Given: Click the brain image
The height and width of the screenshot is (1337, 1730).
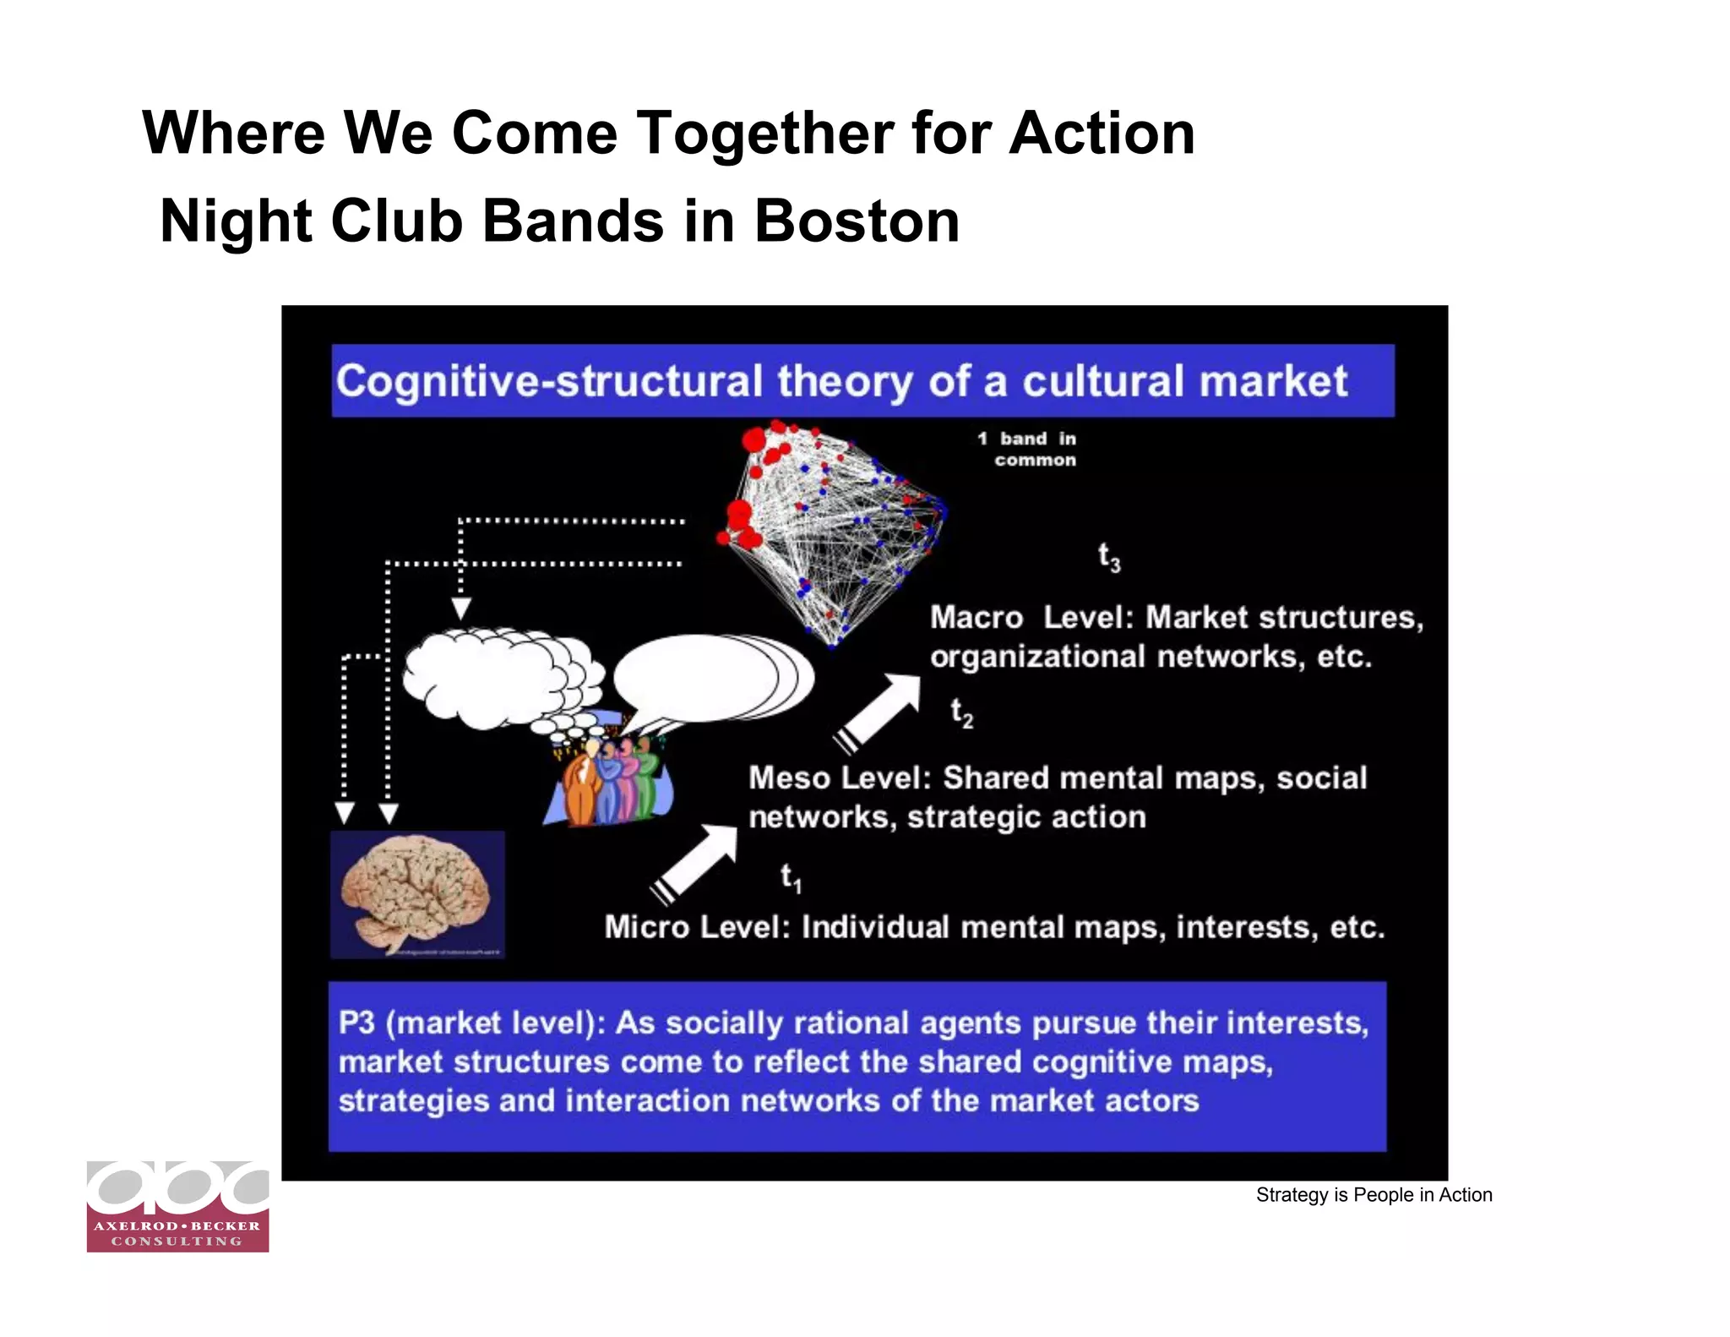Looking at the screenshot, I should click(417, 894).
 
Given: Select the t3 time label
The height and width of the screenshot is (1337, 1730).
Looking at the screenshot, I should click(1108, 558).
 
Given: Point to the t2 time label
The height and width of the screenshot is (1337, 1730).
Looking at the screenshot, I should click(961, 712).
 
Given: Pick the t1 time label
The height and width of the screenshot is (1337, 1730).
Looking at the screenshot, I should click(791, 877).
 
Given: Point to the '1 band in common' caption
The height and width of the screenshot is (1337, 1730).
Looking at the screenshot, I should click(1027, 450).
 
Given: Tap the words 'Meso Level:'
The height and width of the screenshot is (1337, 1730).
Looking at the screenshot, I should click(841, 778).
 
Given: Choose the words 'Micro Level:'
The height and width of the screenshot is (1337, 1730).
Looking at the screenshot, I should click(698, 927).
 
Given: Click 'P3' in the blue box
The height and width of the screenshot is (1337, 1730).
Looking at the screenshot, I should click(356, 1023).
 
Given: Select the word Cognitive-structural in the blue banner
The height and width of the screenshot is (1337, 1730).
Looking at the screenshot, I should click(549, 381).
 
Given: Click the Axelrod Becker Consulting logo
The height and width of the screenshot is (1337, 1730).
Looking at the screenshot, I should click(177, 1207).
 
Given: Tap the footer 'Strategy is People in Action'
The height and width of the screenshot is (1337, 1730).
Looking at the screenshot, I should click(1374, 1195).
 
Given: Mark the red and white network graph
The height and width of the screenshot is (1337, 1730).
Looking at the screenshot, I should click(832, 532).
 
